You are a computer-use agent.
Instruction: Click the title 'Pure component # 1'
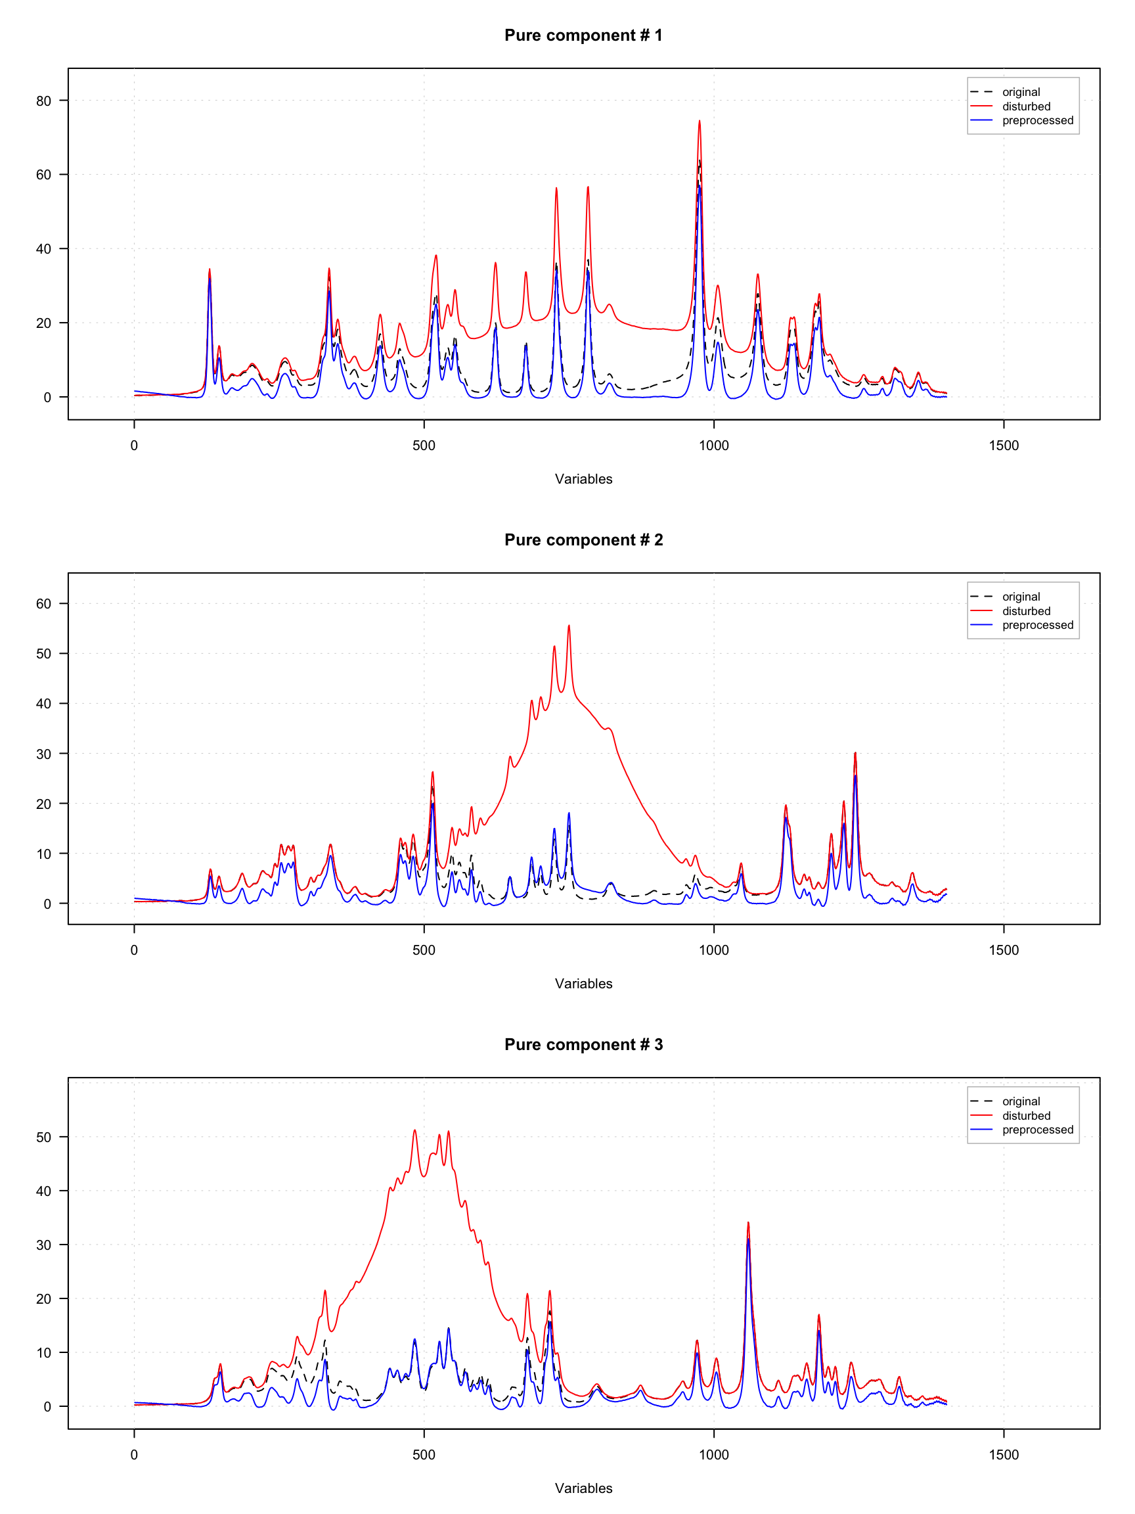583,35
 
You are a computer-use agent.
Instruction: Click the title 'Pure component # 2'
583,540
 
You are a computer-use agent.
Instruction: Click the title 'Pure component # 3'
583,1044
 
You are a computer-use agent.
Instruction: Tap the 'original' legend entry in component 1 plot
1021,93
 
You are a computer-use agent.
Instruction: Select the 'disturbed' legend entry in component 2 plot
1025,611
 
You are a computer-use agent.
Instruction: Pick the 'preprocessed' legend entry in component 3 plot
1037,1130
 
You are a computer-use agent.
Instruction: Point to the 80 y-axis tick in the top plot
43,101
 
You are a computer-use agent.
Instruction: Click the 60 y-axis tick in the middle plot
43,604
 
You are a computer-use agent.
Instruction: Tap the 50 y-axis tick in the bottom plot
43,1137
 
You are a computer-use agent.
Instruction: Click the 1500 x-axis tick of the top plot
1003,446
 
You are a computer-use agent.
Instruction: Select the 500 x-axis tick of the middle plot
424,950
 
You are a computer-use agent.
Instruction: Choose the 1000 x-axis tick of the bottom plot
713,1454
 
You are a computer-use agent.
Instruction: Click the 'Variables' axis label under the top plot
583,479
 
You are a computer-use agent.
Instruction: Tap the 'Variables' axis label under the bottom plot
583,1488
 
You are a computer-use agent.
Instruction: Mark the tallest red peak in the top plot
700,122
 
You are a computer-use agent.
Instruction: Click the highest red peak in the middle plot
569,626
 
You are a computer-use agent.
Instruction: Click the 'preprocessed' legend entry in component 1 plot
1037,120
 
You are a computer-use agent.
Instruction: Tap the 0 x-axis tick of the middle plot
134,950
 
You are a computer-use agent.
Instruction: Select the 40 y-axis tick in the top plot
43,249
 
